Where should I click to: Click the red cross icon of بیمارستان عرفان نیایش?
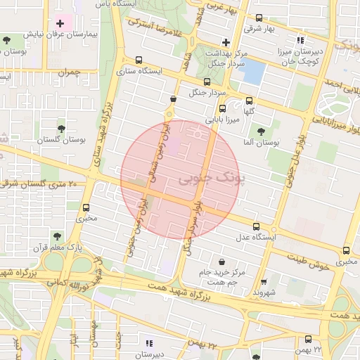[x=60, y=25]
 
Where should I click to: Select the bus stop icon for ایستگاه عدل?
[x=256, y=227]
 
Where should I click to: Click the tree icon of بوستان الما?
[x=261, y=131]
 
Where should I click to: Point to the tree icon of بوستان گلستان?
[x=61, y=129]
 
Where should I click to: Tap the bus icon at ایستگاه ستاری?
[x=139, y=60]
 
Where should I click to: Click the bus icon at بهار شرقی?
[x=259, y=18]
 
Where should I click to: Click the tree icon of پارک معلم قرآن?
[x=57, y=237]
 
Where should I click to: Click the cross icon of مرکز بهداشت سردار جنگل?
[x=226, y=43]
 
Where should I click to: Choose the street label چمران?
[x=71, y=72]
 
